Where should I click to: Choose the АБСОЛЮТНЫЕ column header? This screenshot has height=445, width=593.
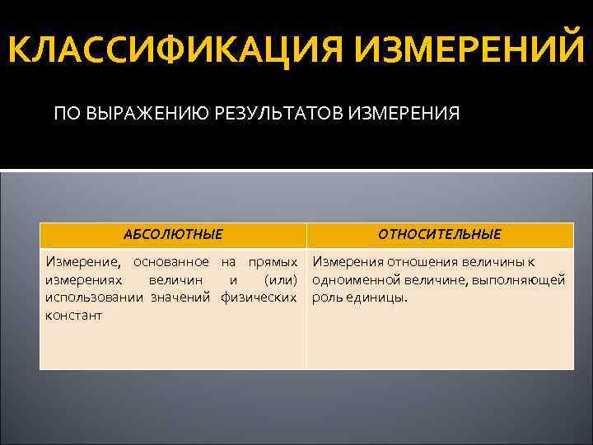tap(172, 235)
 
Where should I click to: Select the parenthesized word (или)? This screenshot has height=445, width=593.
tap(280, 280)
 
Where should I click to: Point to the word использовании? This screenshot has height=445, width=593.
tap(95, 297)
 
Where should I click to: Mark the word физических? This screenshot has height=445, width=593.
tap(259, 297)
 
